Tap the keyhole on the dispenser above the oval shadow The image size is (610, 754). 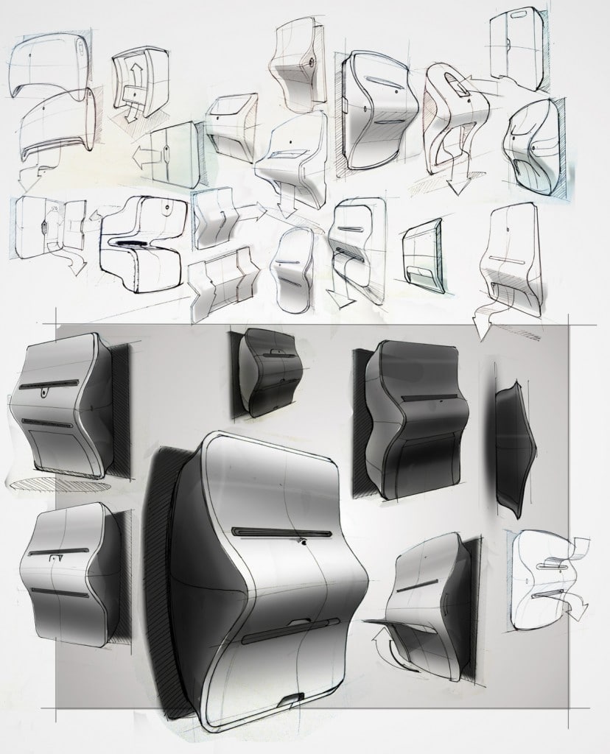coord(45,395)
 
